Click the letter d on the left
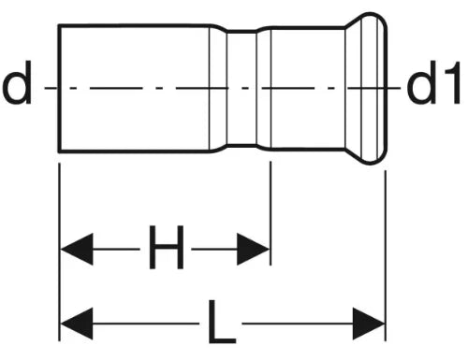pos(17,82)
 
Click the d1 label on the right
pos(433,82)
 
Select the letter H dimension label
pos(167,247)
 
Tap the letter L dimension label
pos(222,322)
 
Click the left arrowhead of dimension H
pos(77,249)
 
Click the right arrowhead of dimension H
pos(253,249)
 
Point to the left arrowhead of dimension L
pos(77,324)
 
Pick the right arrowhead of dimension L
pos(369,324)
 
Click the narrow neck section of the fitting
pos(241,88)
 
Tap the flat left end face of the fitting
pos(59,88)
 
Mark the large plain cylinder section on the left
pos(134,88)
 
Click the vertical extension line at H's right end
pos(271,213)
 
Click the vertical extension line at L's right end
pos(386,255)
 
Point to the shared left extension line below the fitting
pos(59,252)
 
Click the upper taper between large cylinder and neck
pos(218,27)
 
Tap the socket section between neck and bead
pos(308,88)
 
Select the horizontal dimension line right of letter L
pos(298,324)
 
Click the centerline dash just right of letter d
pos(51,88)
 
